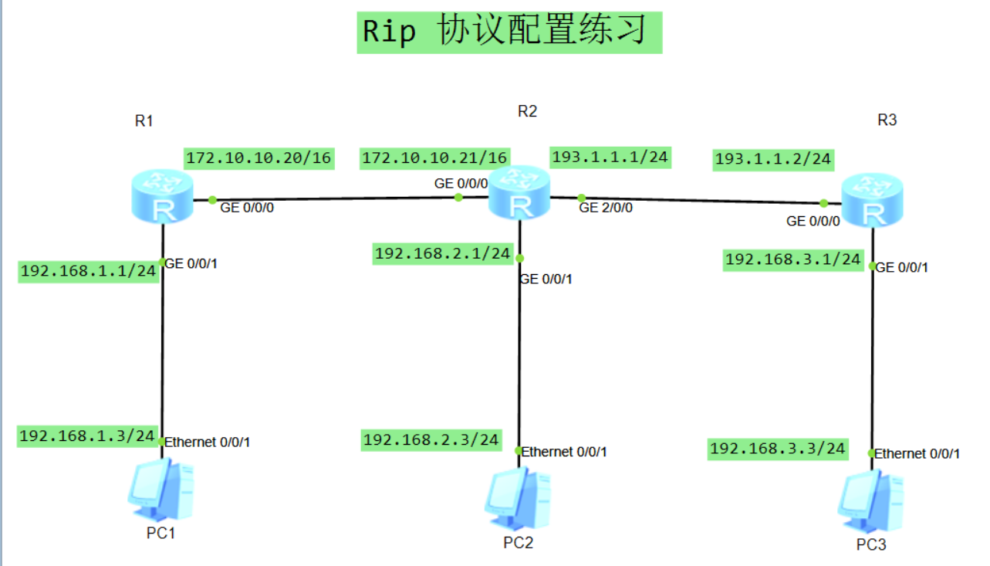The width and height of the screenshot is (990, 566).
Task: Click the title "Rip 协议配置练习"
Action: pos(509,32)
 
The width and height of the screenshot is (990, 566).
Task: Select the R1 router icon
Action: pos(162,198)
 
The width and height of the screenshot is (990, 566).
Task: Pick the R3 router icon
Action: pos(871,200)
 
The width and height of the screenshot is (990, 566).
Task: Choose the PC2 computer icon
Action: pos(518,498)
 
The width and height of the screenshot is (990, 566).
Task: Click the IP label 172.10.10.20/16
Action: pos(258,158)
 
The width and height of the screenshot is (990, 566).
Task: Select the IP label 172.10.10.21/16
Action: pos(435,158)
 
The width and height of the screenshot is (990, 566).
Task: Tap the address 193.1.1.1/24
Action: pos(610,157)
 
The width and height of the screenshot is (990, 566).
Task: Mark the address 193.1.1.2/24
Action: pos(773,159)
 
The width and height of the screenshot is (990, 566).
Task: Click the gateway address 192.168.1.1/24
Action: pos(88,271)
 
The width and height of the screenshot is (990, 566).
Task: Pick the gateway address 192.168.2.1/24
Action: pos(442,253)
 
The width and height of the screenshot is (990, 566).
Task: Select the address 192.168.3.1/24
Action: pos(792,260)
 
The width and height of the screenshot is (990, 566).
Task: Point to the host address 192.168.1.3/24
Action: pos(87,436)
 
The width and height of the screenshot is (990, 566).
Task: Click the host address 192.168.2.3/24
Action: pos(431,440)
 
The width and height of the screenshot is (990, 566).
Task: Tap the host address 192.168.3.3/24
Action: pos(777,449)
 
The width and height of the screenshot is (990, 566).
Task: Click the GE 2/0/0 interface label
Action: pos(606,208)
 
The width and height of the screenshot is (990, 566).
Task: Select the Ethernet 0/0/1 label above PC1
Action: pos(208,442)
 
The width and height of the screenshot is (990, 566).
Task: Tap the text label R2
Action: pos(527,111)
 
